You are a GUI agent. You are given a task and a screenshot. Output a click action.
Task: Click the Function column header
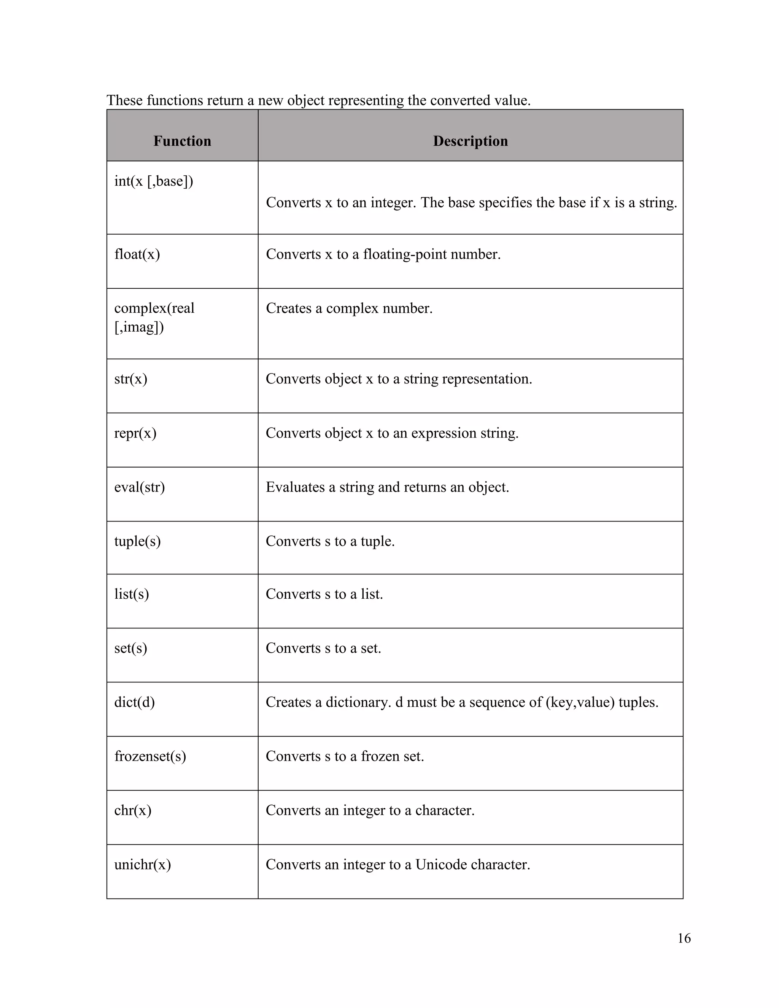[x=182, y=141]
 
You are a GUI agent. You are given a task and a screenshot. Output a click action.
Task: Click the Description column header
[x=470, y=141]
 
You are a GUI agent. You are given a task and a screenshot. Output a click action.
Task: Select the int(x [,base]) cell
[x=154, y=181]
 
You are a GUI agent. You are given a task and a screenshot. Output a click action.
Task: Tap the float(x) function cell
[x=137, y=254]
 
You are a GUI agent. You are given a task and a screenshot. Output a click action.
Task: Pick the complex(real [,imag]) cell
[x=154, y=317]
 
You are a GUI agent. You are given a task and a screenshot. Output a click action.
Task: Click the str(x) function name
[x=130, y=379]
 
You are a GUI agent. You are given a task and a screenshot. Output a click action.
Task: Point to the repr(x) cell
[x=135, y=433]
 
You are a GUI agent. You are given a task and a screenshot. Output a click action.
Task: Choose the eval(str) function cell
[x=139, y=487]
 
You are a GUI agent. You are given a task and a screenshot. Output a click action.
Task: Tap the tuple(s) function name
[x=138, y=541]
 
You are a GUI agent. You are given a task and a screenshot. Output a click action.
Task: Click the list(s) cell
[x=132, y=594]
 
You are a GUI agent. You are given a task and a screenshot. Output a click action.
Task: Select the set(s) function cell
[x=130, y=648]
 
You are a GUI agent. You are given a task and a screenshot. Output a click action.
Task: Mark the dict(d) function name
[x=134, y=702]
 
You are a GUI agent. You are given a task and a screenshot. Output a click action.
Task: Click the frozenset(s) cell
[x=150, y=756]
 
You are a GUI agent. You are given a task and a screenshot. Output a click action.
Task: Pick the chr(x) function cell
[x=133, y=810]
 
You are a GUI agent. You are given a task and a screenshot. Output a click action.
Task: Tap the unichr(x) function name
[x=143, y=864]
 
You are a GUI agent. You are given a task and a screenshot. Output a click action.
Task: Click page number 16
[x=684, y=938]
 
